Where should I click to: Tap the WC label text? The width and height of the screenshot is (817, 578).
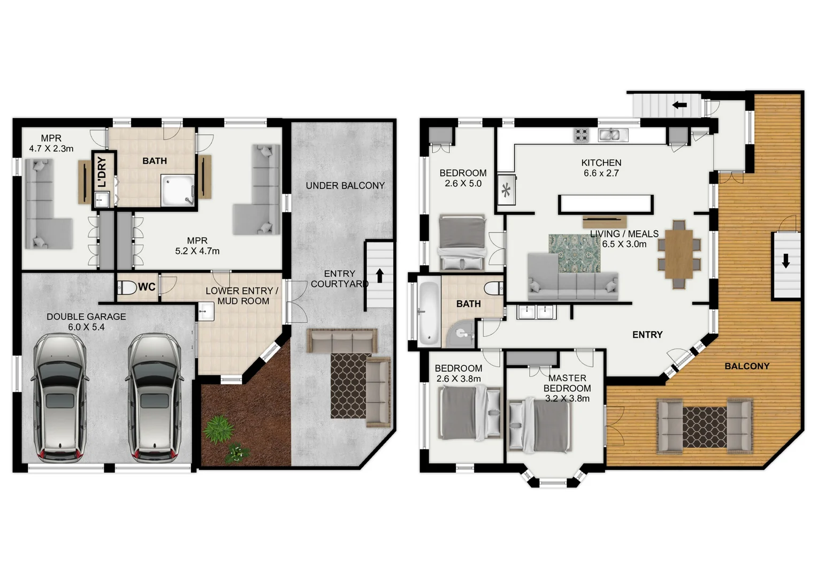[147, 287]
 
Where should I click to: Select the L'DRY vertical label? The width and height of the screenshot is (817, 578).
[102, 171]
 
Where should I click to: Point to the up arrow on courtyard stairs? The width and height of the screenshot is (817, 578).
[379, 276]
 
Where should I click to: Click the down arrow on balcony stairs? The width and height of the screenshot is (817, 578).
[785, 261]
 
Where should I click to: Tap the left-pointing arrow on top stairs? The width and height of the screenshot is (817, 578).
[679, 105]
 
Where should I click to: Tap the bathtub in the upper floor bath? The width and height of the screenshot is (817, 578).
[428, 313]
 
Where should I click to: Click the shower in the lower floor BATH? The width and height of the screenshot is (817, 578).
[178, 191]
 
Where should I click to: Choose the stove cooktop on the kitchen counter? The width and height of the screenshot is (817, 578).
[581, 135]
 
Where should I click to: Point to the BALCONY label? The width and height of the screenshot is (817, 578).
[747, 366]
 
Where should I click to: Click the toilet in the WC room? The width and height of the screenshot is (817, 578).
[127, 287]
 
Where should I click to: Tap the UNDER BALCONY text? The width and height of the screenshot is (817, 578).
[345, 186]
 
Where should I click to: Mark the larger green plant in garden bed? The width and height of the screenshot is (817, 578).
[218, 429]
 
